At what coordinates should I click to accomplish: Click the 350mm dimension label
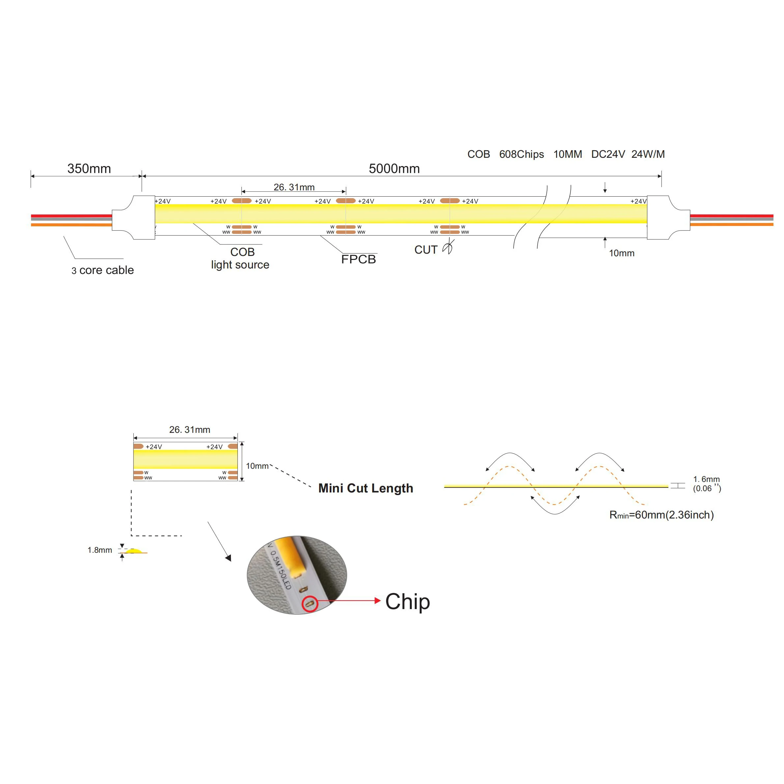coord(89,168)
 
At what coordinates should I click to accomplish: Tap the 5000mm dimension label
coord(394,168)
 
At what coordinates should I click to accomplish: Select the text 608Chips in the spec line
coord(521,154)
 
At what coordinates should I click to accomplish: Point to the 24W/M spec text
coord(648,154)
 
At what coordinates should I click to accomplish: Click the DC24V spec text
coord(608,154)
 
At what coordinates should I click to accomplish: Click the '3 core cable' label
coord(103,270)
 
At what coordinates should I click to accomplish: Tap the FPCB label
coord(358,259)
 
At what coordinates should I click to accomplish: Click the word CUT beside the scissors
coord(426,250)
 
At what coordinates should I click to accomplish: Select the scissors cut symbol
coord(448,247)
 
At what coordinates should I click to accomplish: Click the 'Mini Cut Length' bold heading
coord(366,488)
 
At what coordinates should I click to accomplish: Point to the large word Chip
coord(407,602)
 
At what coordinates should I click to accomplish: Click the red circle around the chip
coord(310,604)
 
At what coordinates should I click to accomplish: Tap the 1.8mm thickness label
coord(100,550)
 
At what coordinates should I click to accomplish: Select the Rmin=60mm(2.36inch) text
coord(661,515)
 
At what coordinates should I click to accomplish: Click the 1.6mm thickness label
coord(707,479)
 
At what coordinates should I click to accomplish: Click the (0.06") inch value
coord(707,489)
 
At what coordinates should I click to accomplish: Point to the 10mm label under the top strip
coord(622,253)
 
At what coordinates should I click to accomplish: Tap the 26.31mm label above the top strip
coord(294,187)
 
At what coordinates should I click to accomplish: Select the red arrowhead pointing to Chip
coord(378,601)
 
